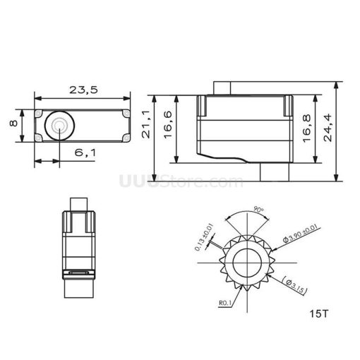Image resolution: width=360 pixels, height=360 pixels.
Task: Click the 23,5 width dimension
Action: tap(83, 89)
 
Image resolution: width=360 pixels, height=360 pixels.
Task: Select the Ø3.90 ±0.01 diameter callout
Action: tap(298, 234)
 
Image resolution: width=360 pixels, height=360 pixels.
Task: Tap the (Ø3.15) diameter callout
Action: tap(296, 285)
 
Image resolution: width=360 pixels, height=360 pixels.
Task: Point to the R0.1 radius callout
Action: tap(226, 305)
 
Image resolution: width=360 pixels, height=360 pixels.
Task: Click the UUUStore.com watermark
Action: tap(181, 182)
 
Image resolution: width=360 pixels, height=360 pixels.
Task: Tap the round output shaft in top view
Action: tap(59, 125)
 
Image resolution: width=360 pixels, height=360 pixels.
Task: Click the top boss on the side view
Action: tap(222, 87)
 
